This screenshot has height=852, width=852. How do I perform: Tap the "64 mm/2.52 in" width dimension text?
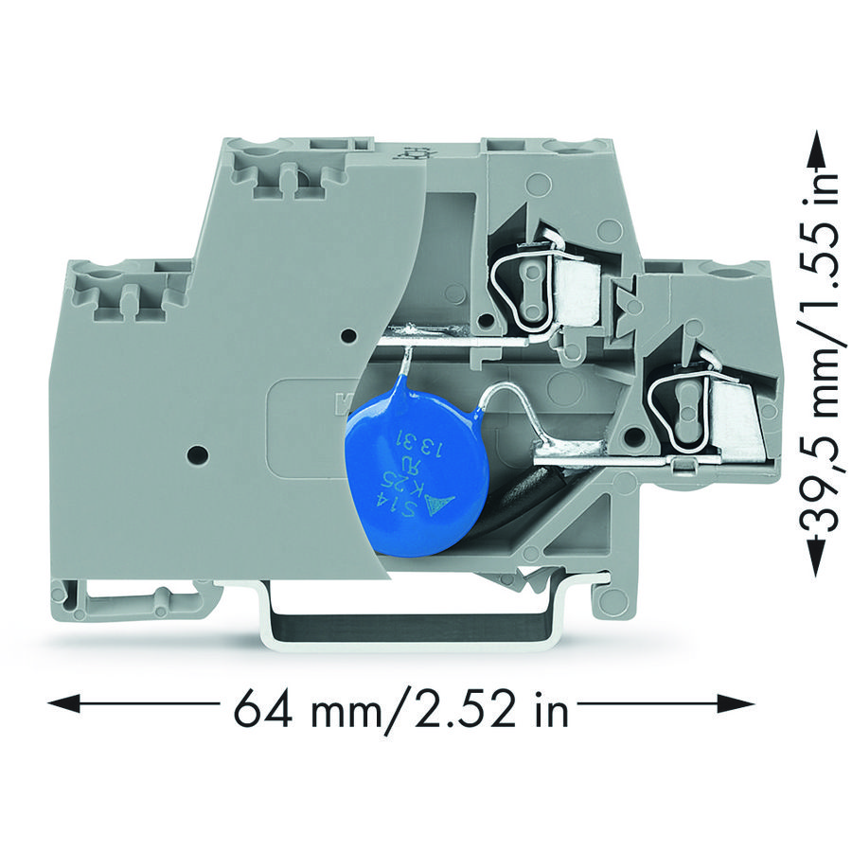click(401, 705)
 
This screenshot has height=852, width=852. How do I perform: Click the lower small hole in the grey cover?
click(197, 455)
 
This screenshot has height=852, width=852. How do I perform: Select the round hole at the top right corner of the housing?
click(728, 276)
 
